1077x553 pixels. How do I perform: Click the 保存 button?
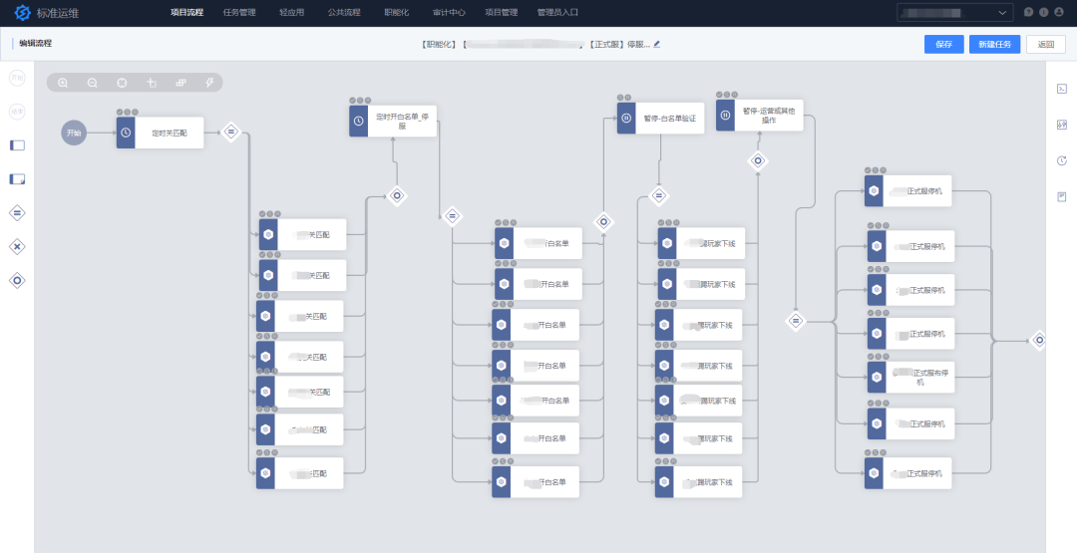tap(943, 44)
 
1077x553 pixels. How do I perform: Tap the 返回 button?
tap(1045, 44)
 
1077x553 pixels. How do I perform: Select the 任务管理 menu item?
tap(239, 12)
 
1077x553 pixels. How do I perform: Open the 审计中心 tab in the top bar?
tap(449, 12)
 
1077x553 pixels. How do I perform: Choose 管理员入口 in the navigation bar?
tap(557, 12)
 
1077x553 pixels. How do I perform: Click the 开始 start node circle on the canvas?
tap(74, 133)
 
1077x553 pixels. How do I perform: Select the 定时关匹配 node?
tap(160, 133)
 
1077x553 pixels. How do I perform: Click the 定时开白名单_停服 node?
tap(393, 122)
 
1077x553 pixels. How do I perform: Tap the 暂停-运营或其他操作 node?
tap(760, 116)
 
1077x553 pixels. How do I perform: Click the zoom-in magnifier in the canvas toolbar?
tap(63, 83)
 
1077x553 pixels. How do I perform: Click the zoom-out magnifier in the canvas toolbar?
tap(92, 83)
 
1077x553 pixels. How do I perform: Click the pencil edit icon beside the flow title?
tap(657, 44)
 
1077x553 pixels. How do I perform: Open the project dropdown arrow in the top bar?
tap(1002, 12)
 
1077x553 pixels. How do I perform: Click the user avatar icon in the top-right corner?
tap(1058, 12)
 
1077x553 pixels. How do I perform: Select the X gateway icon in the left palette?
tap(17, 246)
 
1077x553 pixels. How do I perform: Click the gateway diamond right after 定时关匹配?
tap(230, 132)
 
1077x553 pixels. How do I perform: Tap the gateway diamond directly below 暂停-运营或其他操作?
tap(758, 160)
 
